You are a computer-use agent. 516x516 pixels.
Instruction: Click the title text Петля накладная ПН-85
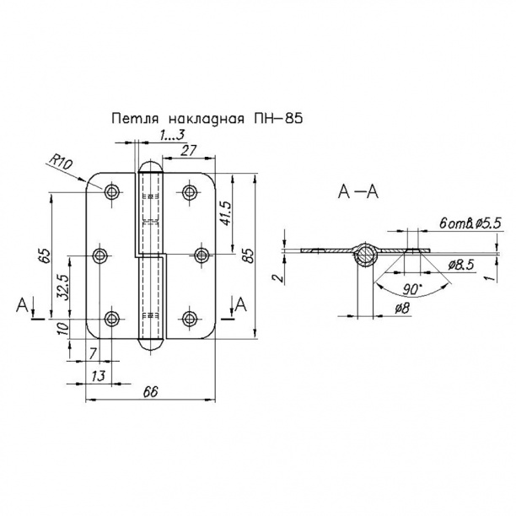[x=206, y=120]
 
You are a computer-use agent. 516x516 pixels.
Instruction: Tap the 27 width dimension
[x=189, y=151]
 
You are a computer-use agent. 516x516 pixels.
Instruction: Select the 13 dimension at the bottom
[x=99, y=374]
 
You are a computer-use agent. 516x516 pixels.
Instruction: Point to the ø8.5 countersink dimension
[x=459, y=265]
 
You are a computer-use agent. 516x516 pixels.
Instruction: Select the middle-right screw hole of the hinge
[x=201, y=255]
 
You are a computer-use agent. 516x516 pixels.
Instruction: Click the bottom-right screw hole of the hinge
[x=189, y=318]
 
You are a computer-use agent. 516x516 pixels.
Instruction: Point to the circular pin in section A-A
[x=365, y=255]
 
